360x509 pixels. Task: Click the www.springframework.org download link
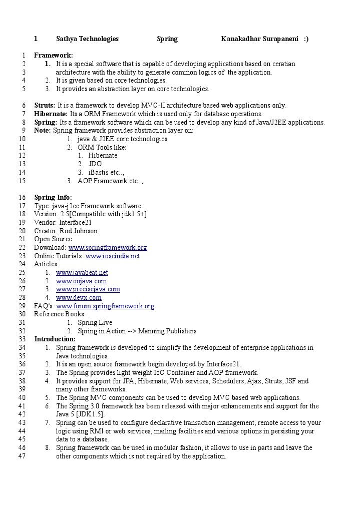click(x=107, y=248)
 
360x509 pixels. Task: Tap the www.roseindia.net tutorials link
click(x=112, y=256)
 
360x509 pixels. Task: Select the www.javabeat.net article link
click(x=82, y=273)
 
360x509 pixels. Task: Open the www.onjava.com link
click(x=81, y=281)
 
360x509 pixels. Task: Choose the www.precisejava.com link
click(x=88, y=289)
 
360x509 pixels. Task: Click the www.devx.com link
click(x=79, y=298)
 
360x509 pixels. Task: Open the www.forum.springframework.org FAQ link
click(x=105, y=306)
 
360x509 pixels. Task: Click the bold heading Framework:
click(x=53, y=56)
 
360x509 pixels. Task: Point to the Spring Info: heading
click(x=53, y=198)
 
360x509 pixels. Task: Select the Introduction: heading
click(x=55, y=339)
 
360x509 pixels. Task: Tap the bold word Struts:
click(x=45, y=106)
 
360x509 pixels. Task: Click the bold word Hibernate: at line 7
click(x=51, y=114)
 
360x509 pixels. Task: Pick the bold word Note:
click(x=42, y=131)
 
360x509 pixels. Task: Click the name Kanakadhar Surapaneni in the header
click(x=259, y=39)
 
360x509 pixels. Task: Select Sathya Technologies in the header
click(x=87, y=39)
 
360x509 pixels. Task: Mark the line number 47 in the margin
click(x=22, y=456)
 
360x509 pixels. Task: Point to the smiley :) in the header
click(x=306, y=39)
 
